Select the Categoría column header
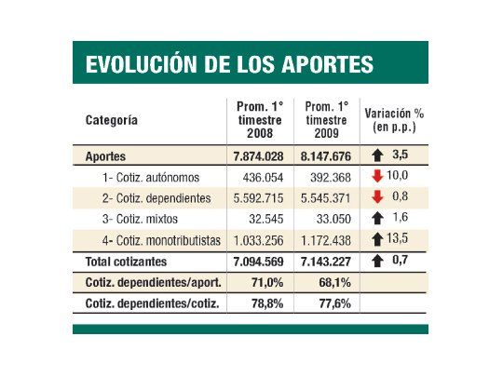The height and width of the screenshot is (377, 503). click(x=112, y=119)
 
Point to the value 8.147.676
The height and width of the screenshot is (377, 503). click(x=324, y=155)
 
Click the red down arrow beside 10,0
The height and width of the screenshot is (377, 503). click(x=377, y=176)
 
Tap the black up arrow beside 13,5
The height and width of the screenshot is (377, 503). click(x=377, y=239)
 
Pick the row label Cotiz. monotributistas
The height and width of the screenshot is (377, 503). click(x=161, y=240)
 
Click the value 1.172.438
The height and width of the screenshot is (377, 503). click(x=324, y=240)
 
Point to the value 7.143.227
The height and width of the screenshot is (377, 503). click(x=324, y=261)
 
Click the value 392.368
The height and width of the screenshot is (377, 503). click(x=325, y=177)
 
